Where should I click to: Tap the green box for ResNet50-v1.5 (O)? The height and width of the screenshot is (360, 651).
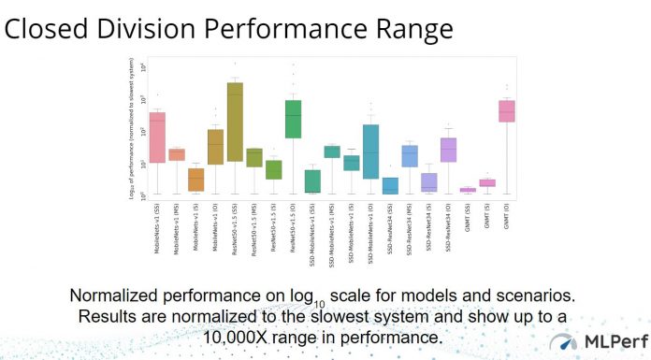293,119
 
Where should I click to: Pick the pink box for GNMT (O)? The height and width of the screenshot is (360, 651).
506,111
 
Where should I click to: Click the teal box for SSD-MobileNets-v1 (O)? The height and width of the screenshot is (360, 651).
370,151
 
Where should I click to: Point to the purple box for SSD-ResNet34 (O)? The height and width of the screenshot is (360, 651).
448,150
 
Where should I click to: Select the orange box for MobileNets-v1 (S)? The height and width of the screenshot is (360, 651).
195,180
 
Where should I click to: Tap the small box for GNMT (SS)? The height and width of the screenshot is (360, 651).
468,190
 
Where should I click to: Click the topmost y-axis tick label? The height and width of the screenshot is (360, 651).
143,67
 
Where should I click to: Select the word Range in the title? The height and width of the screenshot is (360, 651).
408,29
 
